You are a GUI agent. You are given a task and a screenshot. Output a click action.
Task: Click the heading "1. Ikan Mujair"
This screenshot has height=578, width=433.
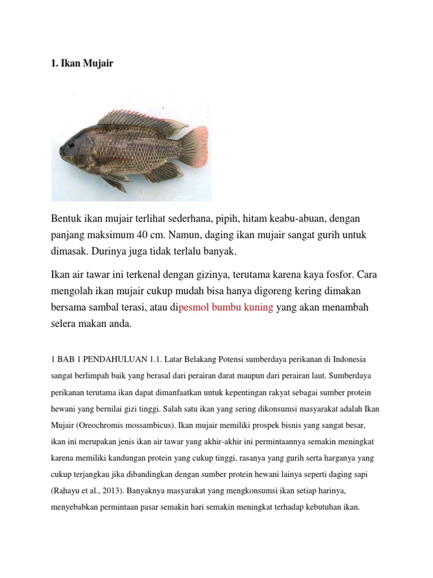(x=82, y=63)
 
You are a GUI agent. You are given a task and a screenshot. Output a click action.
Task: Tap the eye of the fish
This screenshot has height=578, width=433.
(x=72, y=144)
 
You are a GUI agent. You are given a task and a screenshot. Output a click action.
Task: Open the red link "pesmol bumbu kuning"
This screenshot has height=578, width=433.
(x=226, y=308)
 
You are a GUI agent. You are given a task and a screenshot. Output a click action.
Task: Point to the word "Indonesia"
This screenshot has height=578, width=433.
(x=350, y=359)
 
